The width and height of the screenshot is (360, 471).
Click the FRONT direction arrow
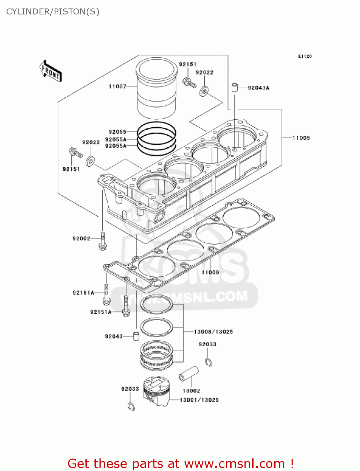tap(51, 72)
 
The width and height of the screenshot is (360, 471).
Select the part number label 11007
tap(117, 86)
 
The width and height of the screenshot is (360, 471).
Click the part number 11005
tap(301, 138)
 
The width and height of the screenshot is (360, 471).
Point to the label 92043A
tap(258, 88)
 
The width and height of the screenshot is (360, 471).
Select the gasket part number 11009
tap(210, 272)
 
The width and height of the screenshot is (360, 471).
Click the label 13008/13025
tap(213, 332)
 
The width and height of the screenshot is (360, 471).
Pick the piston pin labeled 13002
tap(189, 374)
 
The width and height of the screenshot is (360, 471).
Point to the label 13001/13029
tap(199, 400)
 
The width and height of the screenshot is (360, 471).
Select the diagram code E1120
tap(305, 56)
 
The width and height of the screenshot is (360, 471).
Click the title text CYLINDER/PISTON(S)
tap(53, 12)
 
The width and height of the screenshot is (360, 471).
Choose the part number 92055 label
tap(117, 132)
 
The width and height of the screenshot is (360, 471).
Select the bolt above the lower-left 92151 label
tap(75, 153)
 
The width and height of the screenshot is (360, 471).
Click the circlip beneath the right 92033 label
tap(209, 362)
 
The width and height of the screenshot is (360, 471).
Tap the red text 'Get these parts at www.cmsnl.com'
tap(180, 463)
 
